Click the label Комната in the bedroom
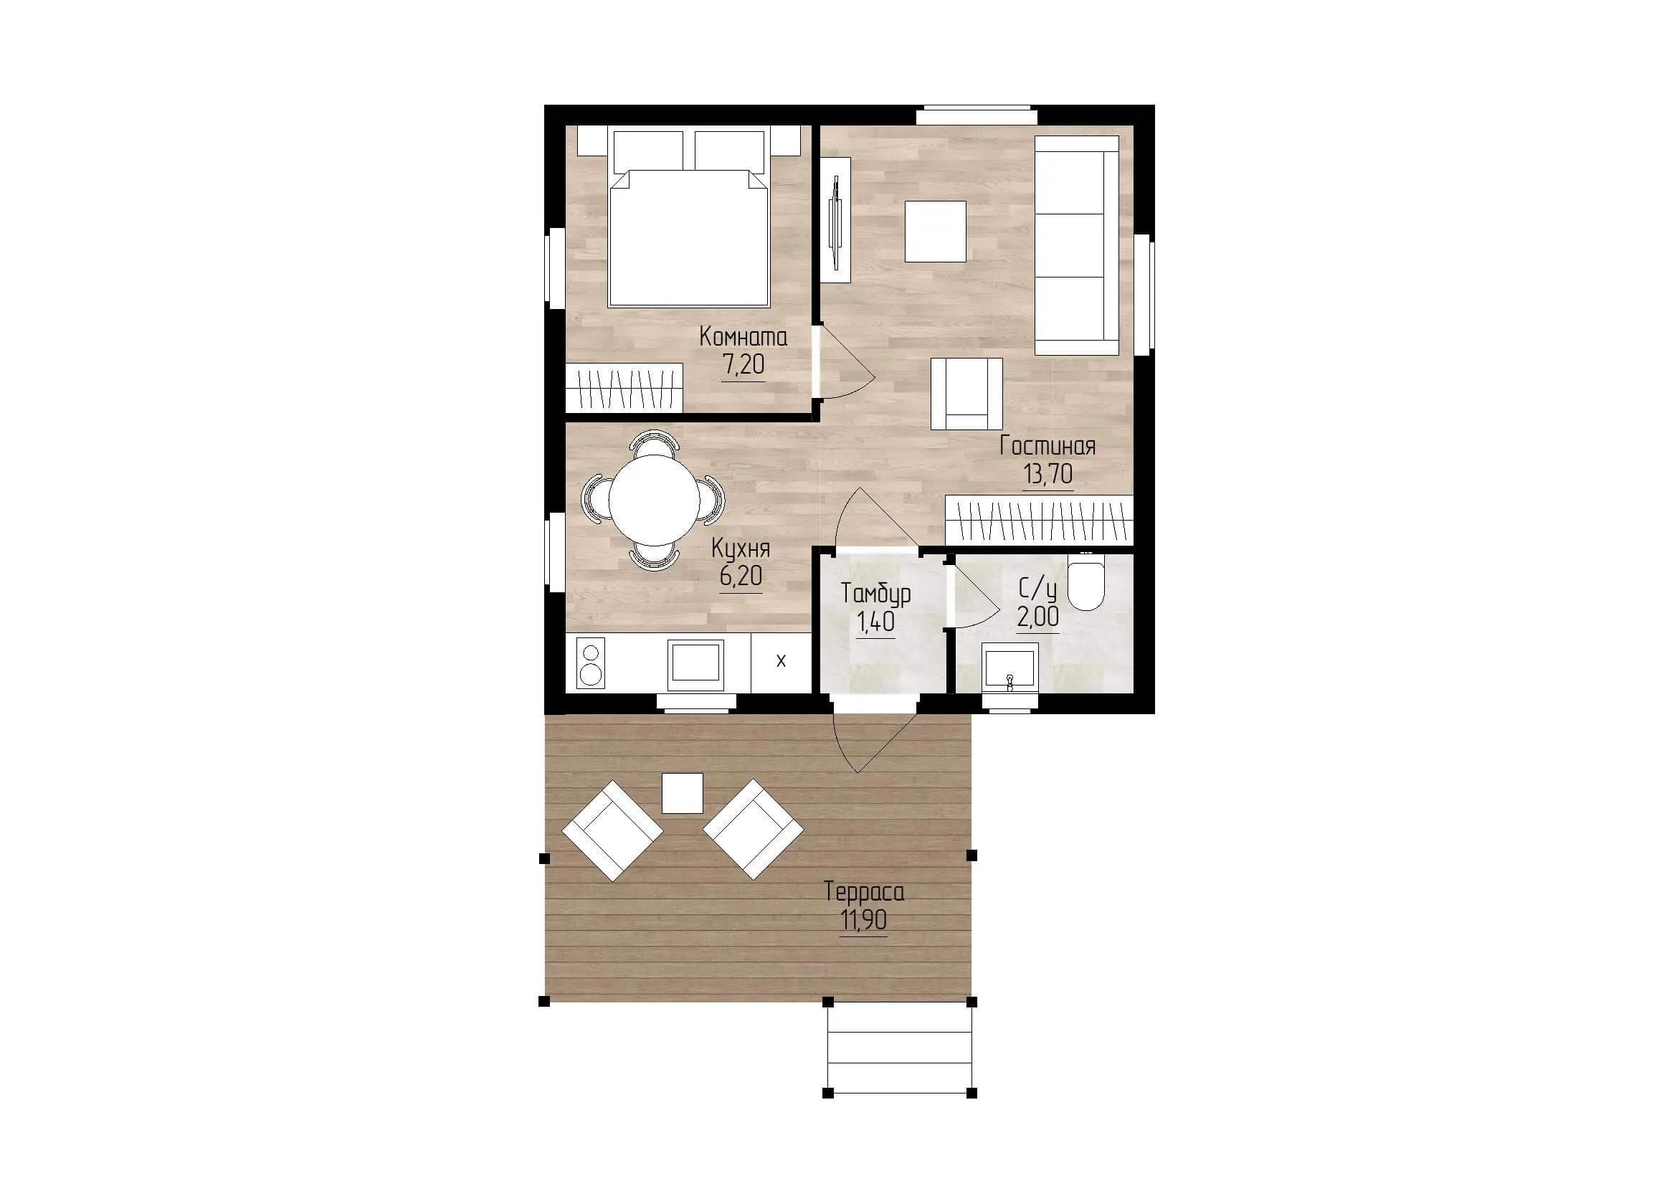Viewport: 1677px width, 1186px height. (743, 338)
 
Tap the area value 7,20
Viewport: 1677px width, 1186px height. (743, 364)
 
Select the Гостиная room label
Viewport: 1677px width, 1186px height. (1047, 446)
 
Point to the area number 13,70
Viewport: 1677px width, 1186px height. (1047, 475)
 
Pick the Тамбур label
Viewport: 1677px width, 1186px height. (875, 594)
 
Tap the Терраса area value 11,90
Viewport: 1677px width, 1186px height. (863, 920)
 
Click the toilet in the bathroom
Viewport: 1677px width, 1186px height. (1086, 582)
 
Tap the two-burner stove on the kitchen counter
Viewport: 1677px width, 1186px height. (590, 663)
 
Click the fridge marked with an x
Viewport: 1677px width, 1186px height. (781, 662)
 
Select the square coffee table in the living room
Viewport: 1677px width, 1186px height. (936, 232)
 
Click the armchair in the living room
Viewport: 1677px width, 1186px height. (966, 394)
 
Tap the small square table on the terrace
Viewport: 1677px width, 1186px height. (682, 794)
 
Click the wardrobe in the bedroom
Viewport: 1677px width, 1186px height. (624, 387)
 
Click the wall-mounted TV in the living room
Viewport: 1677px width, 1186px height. (834, 220)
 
